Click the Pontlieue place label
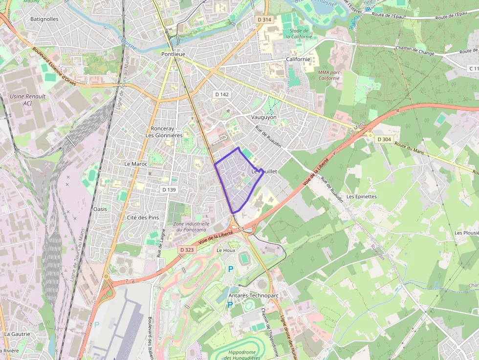(174, 54)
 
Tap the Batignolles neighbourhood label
(44, 19)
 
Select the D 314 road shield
(264, 20)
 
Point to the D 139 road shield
(169, 190)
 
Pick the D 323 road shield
(187, 250)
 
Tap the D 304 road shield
(384, 139)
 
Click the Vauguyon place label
(263, 117)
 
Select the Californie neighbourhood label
(298, 59)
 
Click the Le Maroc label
(136, 164)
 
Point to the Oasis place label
(100, 209)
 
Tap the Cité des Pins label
(143, 217)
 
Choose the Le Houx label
(226, 250)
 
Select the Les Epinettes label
(362, 196)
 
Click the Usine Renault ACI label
(28, 100)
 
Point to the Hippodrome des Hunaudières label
(242, 355)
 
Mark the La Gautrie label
(17, 334)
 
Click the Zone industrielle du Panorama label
(190, 226)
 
